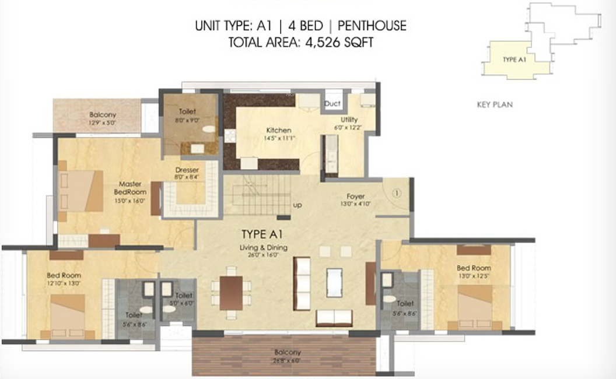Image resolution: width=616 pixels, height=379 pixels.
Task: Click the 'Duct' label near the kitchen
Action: [x=332, y=104]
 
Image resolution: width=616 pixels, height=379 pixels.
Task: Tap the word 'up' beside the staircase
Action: [x=297, y=206]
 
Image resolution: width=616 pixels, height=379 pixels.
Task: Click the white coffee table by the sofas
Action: [x=334, y=282]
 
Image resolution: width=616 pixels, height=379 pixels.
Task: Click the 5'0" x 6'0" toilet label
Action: [x=184, y=299]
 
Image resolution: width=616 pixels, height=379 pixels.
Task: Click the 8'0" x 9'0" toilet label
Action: [x=187, y=115]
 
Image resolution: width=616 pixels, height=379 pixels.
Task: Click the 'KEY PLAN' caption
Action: [x=495, y=105]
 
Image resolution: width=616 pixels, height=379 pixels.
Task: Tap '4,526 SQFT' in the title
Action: [x=338, y=43]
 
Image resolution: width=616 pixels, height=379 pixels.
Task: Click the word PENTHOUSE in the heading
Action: [x=372, y=26]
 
